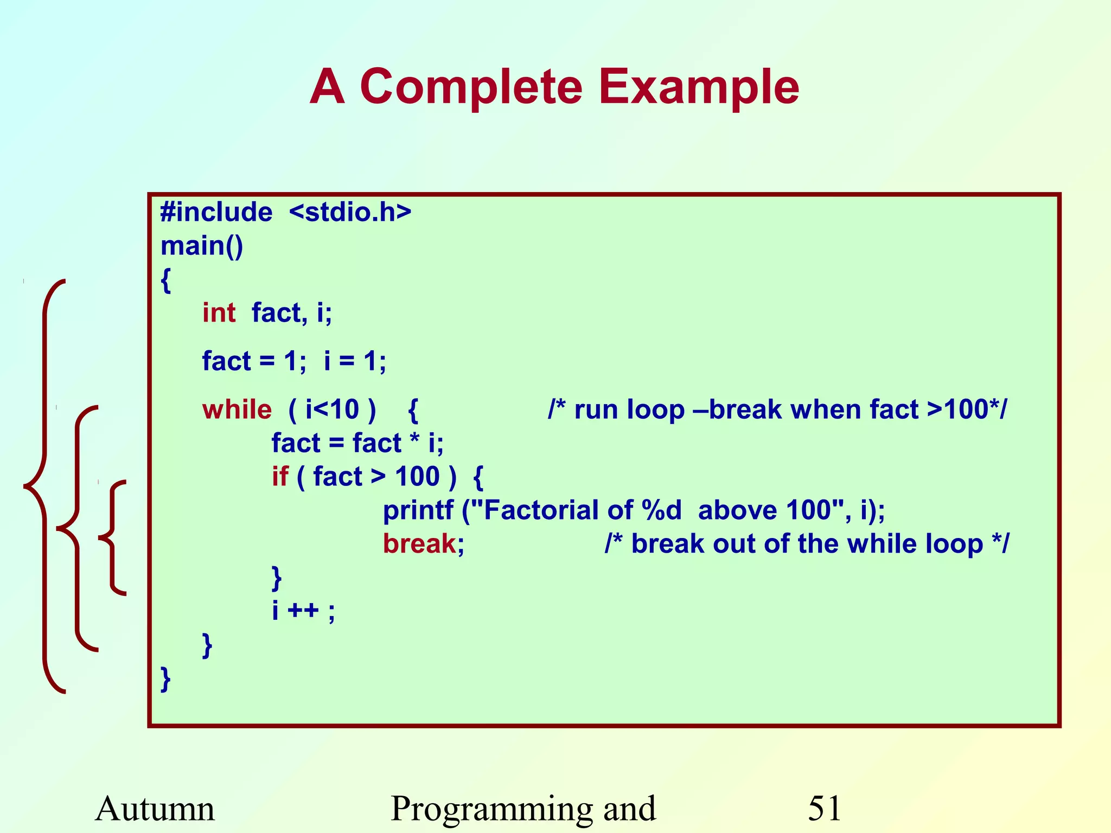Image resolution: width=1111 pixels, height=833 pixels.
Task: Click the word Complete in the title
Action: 470,87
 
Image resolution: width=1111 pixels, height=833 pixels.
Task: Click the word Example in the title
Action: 699,87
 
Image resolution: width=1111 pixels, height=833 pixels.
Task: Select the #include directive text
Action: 216,212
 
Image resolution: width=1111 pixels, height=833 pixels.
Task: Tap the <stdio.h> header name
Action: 350,212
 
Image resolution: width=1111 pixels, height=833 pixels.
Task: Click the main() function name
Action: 202,246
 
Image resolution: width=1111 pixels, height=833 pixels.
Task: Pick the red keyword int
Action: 219,313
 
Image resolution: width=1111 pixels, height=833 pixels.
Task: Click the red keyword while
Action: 237,409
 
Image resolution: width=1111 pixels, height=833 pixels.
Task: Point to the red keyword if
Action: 280,477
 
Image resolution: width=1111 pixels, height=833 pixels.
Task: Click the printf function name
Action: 418,510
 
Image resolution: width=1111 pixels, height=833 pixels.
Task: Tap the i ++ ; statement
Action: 303,611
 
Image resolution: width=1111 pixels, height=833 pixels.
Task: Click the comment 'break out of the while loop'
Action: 807,544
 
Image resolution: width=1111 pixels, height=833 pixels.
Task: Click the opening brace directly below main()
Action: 166,281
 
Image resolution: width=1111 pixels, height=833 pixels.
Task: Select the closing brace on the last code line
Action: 166,679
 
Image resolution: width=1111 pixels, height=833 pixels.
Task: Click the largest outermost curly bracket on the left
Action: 43,486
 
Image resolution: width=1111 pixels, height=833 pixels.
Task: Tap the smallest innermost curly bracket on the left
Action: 112,537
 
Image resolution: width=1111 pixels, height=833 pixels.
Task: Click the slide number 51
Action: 824,808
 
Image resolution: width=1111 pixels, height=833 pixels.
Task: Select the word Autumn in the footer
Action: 155,808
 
